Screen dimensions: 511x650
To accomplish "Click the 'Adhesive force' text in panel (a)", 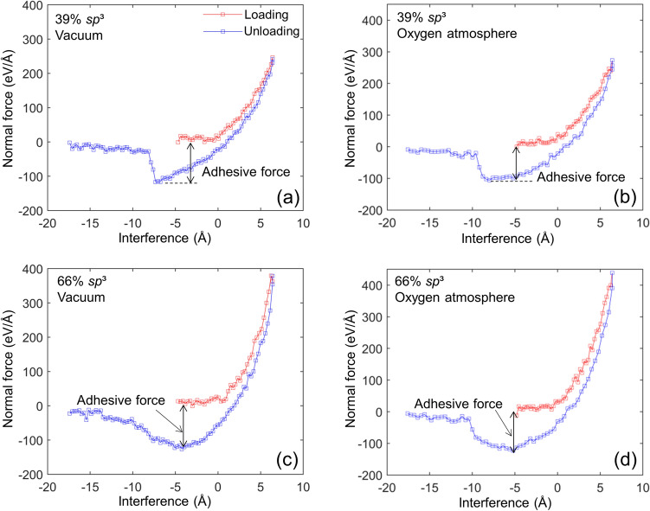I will click(254, 171).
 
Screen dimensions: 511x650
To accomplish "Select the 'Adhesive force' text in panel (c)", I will click(117, 399).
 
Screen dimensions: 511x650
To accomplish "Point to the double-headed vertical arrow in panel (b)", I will click(516, 162).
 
